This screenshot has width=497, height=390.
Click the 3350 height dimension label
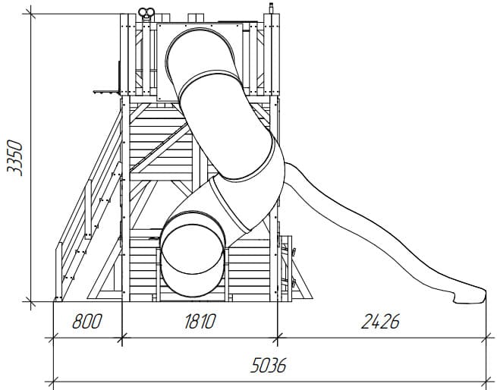click(14, 158)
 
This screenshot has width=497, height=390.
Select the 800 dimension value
click(87, 321)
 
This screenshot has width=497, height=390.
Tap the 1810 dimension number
click(200, 321)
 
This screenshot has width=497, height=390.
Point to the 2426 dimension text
click(380, 321)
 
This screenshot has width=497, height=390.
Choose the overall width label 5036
click(268, 365)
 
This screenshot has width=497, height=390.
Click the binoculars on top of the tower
click(146, 13)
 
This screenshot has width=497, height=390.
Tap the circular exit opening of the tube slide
click(193, 249)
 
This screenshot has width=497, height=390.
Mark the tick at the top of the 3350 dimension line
click(31, 14)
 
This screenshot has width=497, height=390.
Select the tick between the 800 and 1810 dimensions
click(122, 338)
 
